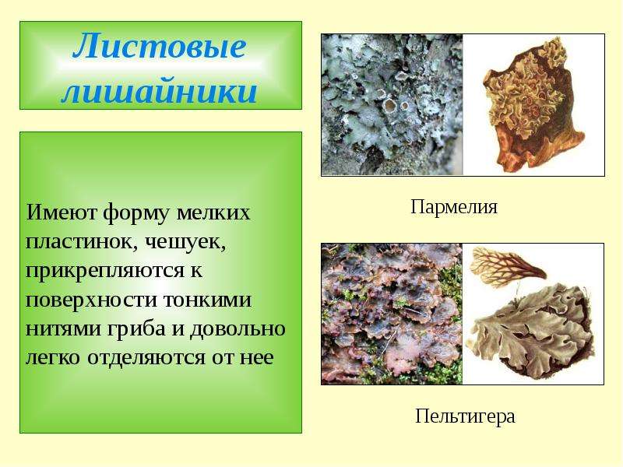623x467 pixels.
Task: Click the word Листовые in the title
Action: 160,47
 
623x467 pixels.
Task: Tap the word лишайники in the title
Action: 160,91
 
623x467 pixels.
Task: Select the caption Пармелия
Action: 454,207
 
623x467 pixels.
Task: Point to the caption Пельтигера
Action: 465,417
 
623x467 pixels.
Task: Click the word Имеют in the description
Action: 62,212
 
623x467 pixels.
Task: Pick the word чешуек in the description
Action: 185,242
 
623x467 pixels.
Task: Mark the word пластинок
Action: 79,242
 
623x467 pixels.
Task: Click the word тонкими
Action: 206,300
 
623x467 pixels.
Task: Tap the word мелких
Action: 213,212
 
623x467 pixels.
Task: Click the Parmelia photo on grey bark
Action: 392,105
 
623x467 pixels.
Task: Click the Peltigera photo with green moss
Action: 392,314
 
